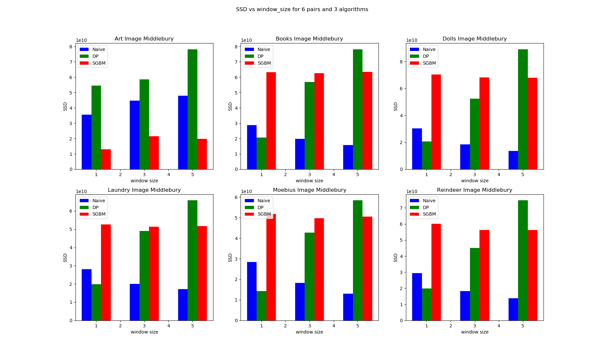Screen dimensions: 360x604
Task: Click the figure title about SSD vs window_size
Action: (x=302, y=9)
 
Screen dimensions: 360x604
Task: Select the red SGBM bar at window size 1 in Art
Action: (x=106, y=159)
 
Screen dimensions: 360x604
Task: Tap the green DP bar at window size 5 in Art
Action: (x=193, y=109)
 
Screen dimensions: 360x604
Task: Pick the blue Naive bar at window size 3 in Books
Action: (x=300, y=154)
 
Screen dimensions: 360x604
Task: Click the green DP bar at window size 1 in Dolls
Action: (x=427, y=155)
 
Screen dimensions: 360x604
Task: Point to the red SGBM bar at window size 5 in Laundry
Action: (x=202, y=273)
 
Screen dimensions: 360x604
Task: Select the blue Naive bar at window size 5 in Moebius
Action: (x=348, y=307)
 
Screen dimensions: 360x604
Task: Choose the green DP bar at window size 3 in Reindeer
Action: (x=475, y=284)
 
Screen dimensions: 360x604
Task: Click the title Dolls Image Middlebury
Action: (x=475, y=39)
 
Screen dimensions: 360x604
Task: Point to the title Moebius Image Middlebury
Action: (x=310, y=190)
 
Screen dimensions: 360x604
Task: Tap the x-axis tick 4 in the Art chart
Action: (x=169, y=175)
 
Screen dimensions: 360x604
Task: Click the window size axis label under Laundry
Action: (x=144, y=332)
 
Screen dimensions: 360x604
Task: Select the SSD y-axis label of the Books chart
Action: (x=230, y=106)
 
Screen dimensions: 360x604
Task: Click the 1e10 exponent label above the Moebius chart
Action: (x=246, y=192)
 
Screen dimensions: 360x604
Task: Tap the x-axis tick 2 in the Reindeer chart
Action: (x=451, y=326)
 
